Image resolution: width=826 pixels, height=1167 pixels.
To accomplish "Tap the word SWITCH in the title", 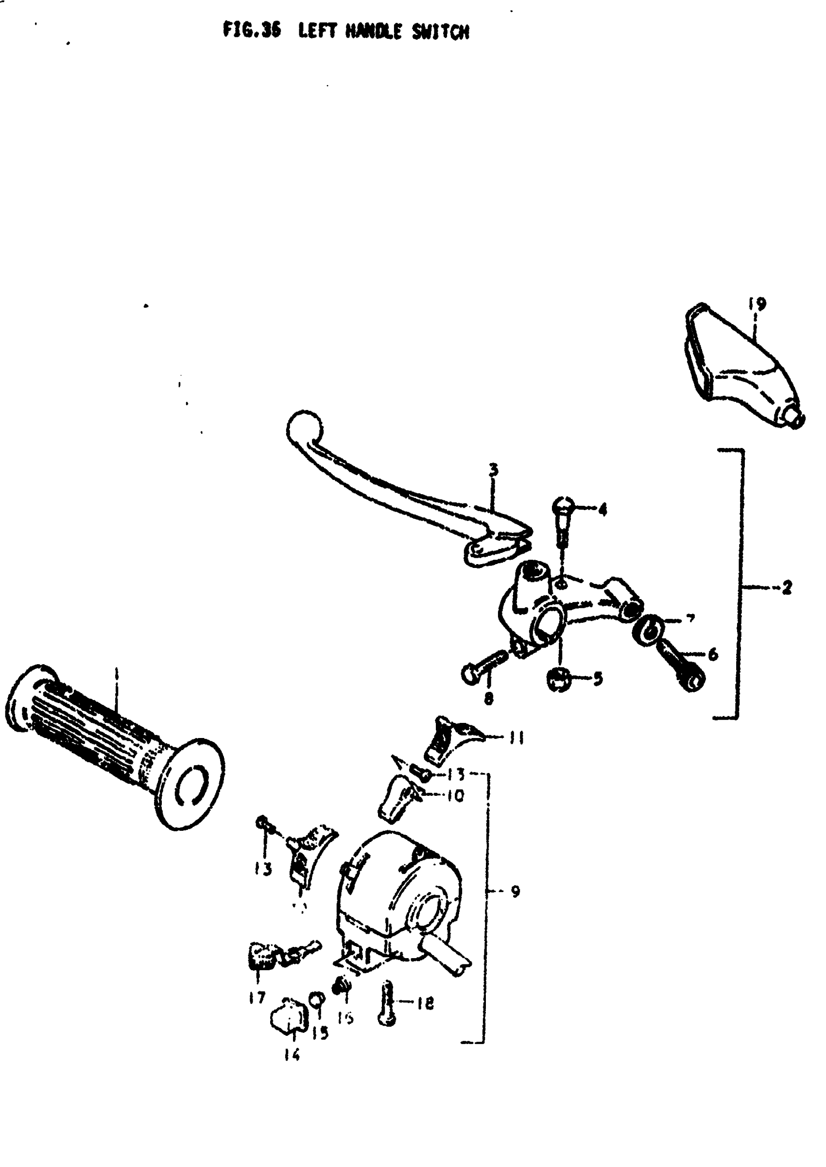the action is [x=441, y=32].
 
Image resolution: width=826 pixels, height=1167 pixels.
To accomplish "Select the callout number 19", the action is [x=757, y=304].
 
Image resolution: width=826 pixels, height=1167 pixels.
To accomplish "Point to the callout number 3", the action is [x=493, y=469].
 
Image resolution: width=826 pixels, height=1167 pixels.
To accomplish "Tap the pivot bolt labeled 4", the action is [x=563, y=519].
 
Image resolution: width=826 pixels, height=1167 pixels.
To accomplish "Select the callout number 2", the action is [x=787, y=588].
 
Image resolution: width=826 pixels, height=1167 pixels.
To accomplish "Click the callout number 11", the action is [x=517, y=738].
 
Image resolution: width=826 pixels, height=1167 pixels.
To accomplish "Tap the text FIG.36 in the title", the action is [x=252, y=31].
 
